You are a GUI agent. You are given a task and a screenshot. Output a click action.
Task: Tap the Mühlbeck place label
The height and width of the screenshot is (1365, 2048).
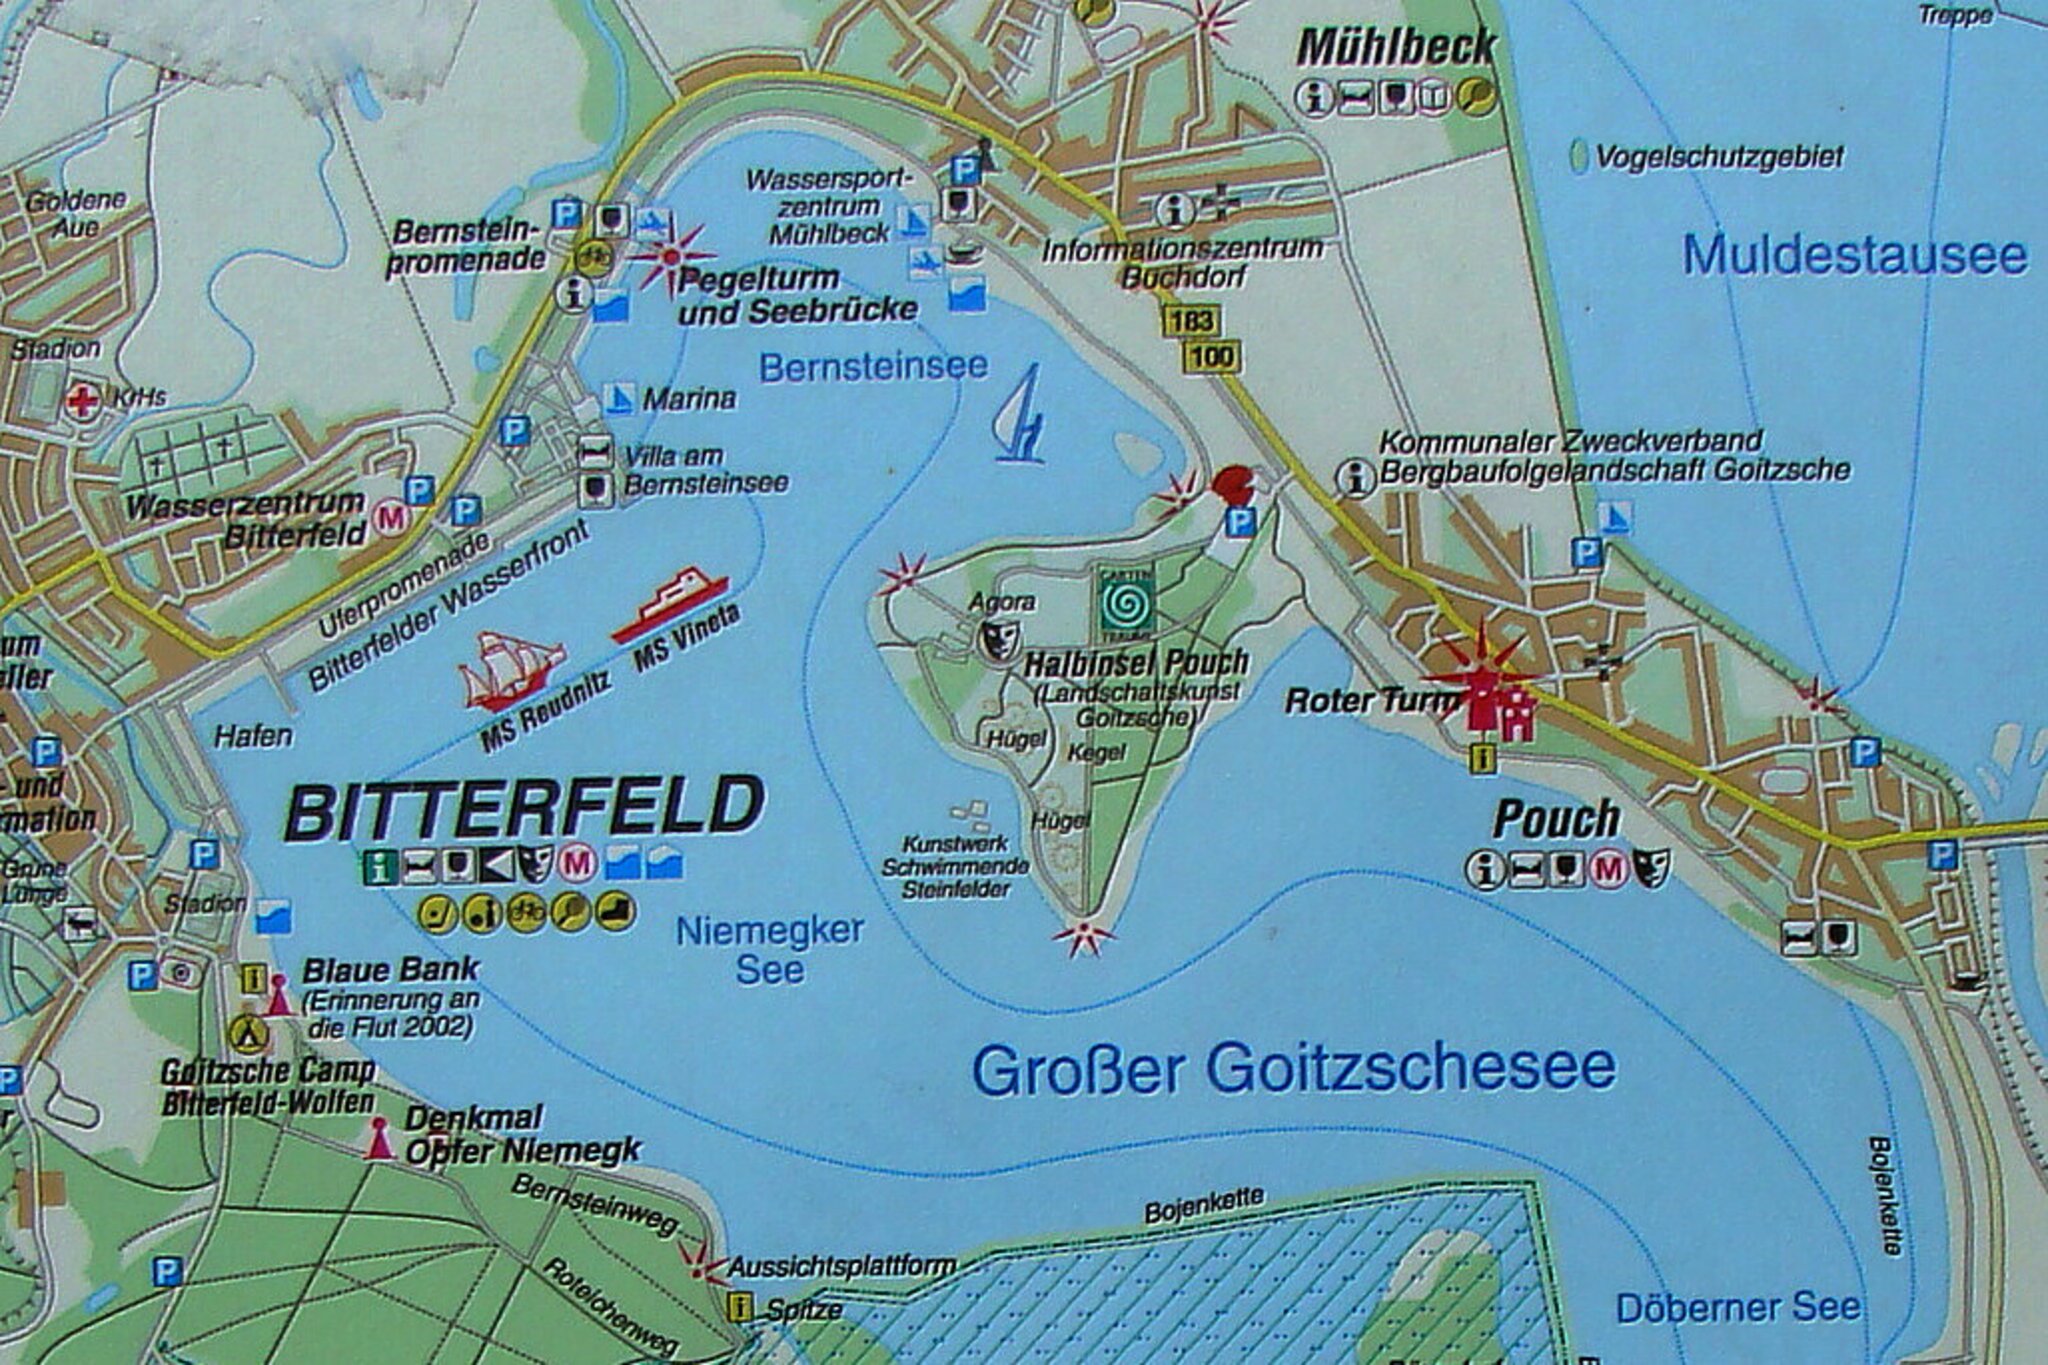[x=1396, y=47]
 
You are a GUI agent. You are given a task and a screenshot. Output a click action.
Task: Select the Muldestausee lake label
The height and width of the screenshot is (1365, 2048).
[x=1855, y=255]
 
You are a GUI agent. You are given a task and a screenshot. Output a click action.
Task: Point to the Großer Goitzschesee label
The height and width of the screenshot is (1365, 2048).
[x=1294, y=1070]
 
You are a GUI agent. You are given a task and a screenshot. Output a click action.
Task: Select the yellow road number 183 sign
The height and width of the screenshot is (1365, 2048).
[x=1190, y=321]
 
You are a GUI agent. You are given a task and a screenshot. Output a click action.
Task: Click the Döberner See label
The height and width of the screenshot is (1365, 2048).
[x=1738, y=1308]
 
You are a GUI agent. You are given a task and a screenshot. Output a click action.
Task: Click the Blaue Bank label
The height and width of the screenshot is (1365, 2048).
[x=391, y=970]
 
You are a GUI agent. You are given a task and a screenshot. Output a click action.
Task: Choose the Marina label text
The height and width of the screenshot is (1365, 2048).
[x=689, y=399]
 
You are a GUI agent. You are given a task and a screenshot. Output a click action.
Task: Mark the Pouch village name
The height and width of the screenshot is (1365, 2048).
[x=1556, y=820]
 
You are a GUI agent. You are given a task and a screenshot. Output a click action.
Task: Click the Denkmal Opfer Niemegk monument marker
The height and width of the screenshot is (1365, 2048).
[x=379, y=1140]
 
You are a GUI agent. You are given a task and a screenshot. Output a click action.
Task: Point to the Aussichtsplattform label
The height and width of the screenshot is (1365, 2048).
[x=841, y=1267]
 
